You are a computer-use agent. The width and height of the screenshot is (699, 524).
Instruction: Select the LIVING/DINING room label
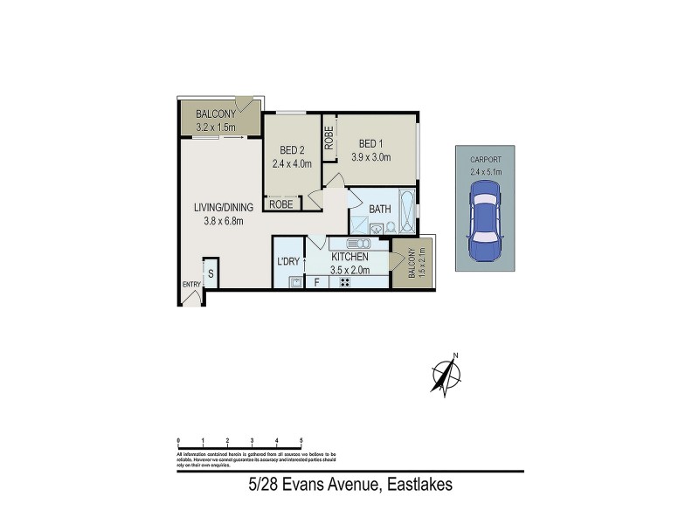[223, 208]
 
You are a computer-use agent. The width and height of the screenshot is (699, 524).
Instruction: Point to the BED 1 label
[370, 144]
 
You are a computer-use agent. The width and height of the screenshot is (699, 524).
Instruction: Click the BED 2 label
[291, 149]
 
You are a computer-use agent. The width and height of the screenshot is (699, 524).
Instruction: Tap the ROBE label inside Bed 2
[280, 204]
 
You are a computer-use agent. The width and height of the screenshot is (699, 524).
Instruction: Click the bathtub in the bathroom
[408, 210]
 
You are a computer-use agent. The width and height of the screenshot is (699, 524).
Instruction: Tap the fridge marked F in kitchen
[316, 282]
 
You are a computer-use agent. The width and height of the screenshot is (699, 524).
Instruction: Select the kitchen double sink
[359, 244]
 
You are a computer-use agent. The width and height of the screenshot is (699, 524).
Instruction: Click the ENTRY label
[190, 285]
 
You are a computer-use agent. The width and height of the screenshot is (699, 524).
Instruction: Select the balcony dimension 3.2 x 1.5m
[214, 128]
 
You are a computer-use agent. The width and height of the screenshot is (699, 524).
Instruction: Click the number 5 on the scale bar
[301, 441]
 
